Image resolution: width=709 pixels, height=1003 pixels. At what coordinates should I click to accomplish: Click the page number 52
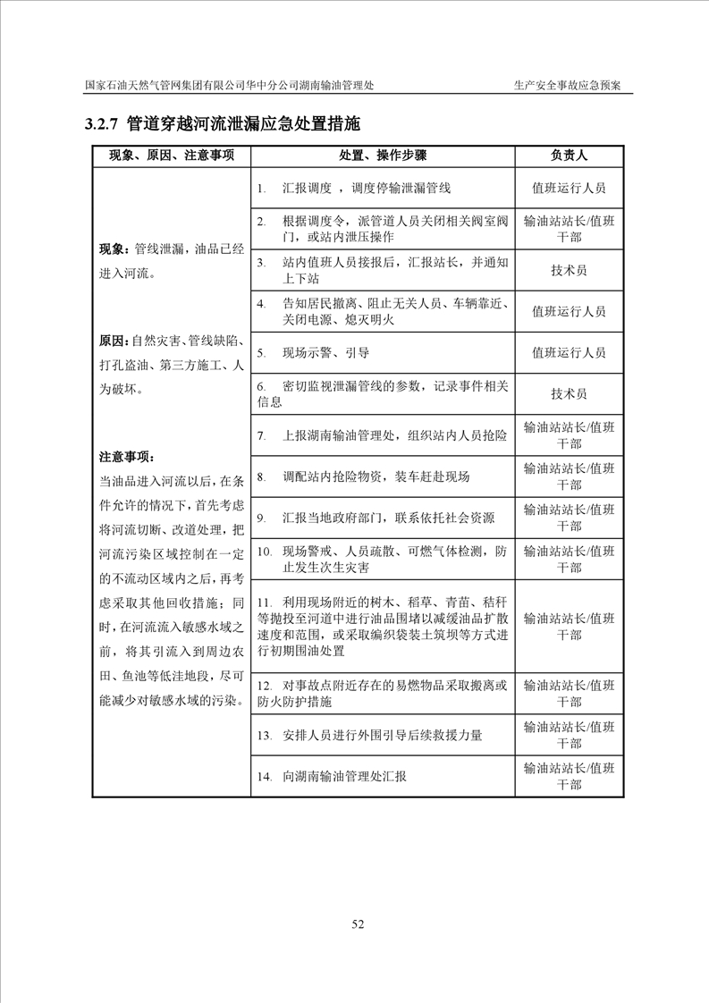tap(358, 923)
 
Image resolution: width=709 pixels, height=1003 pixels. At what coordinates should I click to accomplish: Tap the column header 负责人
tap(569, 156)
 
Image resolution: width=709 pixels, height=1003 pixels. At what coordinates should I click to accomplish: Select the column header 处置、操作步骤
tap(383, 156)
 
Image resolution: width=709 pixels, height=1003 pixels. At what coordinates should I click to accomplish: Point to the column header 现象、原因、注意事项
tap(172, 156)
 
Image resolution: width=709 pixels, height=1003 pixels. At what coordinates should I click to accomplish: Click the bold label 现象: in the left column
tap(115, 249)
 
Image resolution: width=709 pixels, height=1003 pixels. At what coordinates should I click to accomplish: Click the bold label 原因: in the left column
tap(115, 341)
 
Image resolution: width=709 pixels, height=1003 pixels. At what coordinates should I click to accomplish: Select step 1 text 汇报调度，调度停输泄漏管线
tap(367, 189)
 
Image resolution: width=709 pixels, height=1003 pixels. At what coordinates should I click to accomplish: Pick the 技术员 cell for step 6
tap(569, 393)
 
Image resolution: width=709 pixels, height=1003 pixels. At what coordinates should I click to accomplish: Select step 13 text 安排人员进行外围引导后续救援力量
tap(383, 736)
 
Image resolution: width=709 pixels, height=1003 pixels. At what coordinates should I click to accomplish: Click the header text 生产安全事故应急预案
tap(568, 85)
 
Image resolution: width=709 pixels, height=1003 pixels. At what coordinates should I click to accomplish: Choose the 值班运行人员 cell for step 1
tap(569, 189)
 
